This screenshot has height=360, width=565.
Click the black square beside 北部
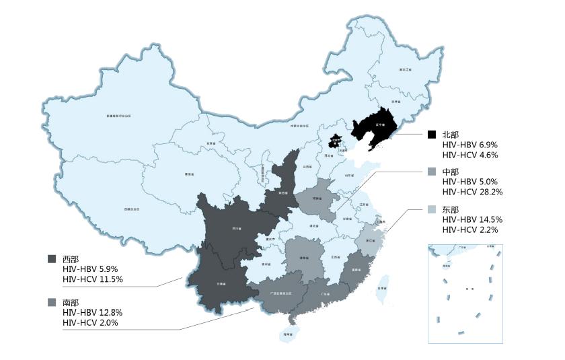click(x=432, y=135)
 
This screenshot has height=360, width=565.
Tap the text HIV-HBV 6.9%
click(x=469, y=145)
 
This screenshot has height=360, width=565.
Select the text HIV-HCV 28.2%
click(x=472, y=192)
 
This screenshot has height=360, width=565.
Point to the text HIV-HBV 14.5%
click(x=472, y=219)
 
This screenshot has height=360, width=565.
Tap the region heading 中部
click(x=451, y=172)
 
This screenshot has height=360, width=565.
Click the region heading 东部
click(x=451, y=209)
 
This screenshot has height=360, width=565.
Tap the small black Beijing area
click(x=334, y=141)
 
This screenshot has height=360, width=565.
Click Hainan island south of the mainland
click(x=287, y=334)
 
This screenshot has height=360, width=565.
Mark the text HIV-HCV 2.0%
click(x=90, y=323)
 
